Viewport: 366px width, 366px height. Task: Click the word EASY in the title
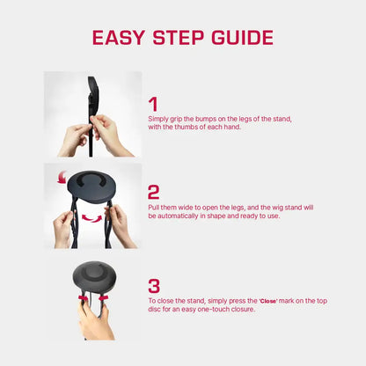pos(119,38)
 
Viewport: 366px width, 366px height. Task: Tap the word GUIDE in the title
pos(242,38)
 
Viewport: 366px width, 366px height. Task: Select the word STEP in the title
pos(178,38)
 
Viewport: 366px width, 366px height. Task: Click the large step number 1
pos(153,105)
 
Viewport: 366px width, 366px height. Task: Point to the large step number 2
pos(153,193)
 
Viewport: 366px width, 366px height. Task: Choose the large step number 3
pos(154,286)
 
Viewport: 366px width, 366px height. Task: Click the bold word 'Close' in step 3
pos(268,301)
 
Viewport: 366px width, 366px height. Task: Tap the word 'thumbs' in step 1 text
pos(187,127)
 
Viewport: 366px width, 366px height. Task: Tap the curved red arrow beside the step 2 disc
pos(62,178)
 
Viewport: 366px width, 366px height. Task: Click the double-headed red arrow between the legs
pos(91,218)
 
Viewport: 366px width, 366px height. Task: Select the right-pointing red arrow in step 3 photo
pos(83,297)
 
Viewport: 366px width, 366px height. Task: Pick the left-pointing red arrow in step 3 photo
pos(104,298)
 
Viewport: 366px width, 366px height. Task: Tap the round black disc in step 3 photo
pos(94,277)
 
